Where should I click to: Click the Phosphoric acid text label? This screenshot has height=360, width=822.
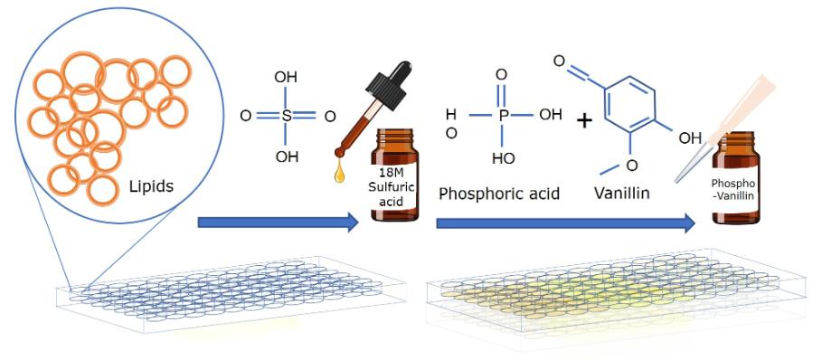pyautogui.click(x=499, y=194)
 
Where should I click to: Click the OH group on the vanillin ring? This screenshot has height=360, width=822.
pyautogui.click(x=690, y=138)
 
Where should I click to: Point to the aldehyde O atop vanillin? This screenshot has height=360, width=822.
pyautogui.click(x=560, y=63)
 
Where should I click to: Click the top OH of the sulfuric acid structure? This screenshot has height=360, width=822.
pyautogui.click(x=287, y=78)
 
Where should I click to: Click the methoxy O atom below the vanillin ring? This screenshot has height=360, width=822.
pyautogui.click(x=631, y=165)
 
